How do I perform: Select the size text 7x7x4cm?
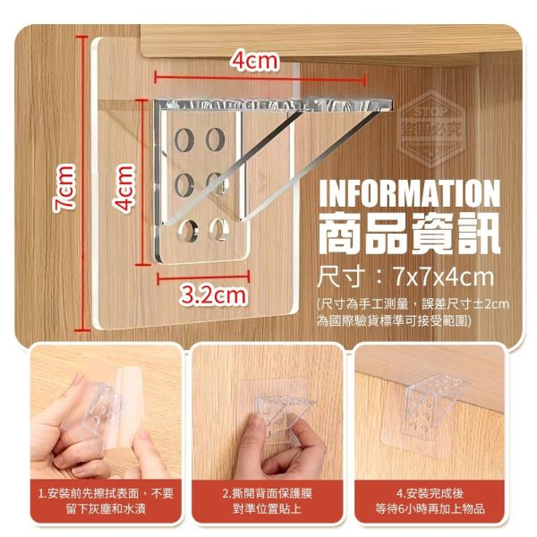pyautogui.click(x=447, y=275)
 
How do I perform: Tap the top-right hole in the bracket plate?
pyautogui.click(x=215, y=139)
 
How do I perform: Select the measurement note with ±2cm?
pyautogui.click(x=413, y=311)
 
